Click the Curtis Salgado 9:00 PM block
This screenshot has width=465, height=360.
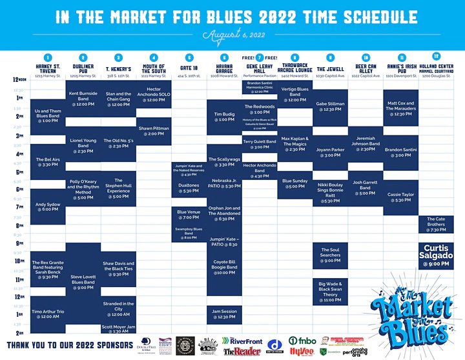coord(436,255)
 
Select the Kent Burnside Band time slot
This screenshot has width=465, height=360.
coord(83,99)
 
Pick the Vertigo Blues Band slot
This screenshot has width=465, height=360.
coord(294,94)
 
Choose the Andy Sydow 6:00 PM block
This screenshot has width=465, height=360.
coord(47,206)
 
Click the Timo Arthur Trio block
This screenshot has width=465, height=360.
coord(47,314)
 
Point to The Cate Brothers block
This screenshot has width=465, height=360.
coord(436,225)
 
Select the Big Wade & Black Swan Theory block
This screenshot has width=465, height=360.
coord(330,292)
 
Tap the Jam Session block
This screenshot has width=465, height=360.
coord(224,314)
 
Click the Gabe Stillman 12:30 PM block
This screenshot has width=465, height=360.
coord(330,106)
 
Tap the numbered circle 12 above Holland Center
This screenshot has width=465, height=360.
coord(437,56)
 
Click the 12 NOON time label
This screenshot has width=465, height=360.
coord(19,79)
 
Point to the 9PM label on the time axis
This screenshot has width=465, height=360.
coord(19,243)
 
